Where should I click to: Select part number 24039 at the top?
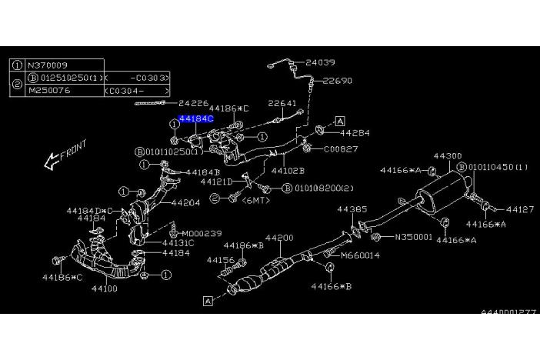coord(320,62)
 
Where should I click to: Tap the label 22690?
coord(337,80)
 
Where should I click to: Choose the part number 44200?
coord(279,238)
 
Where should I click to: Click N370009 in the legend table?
coord(47,65)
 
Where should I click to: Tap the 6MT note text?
coord(253,199)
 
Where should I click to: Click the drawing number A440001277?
coord(509,313)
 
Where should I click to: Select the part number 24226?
coord(193,102)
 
